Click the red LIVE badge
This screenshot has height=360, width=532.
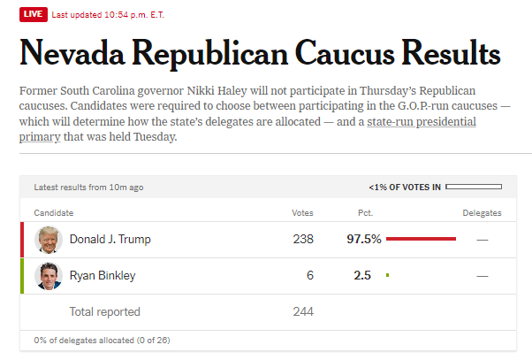pyautogui.click(x=33, y=14)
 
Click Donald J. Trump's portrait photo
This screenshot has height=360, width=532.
pyautogui.click(x=48, y=239)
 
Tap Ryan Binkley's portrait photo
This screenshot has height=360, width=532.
pyautogui.click(x=48, y=276)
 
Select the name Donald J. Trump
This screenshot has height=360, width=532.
pyautogui.click(x=110, y=239)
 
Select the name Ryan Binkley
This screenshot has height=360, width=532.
pyautogui.click(x=103, y=276)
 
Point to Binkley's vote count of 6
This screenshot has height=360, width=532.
pyautogui.click(x=310, y=276)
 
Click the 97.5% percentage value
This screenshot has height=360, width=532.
pyautogui.click(x=363, y=239)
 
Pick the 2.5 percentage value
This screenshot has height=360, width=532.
pyautogui.click(x=362, y=276)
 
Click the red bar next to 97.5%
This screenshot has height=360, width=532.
pyautogui.click(x=421, y=239)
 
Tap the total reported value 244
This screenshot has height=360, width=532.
pyautogui.click(x=303, y=311)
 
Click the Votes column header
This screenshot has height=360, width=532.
pyautogui.click(x=302, y=213)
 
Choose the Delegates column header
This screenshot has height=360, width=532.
pyautogui.click(x=482, y=213)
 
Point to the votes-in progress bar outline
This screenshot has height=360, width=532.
pyautogui.click(x=474, y=187)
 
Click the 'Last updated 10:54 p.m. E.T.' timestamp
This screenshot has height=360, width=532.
pyautogui.click(x=108, y=14)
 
